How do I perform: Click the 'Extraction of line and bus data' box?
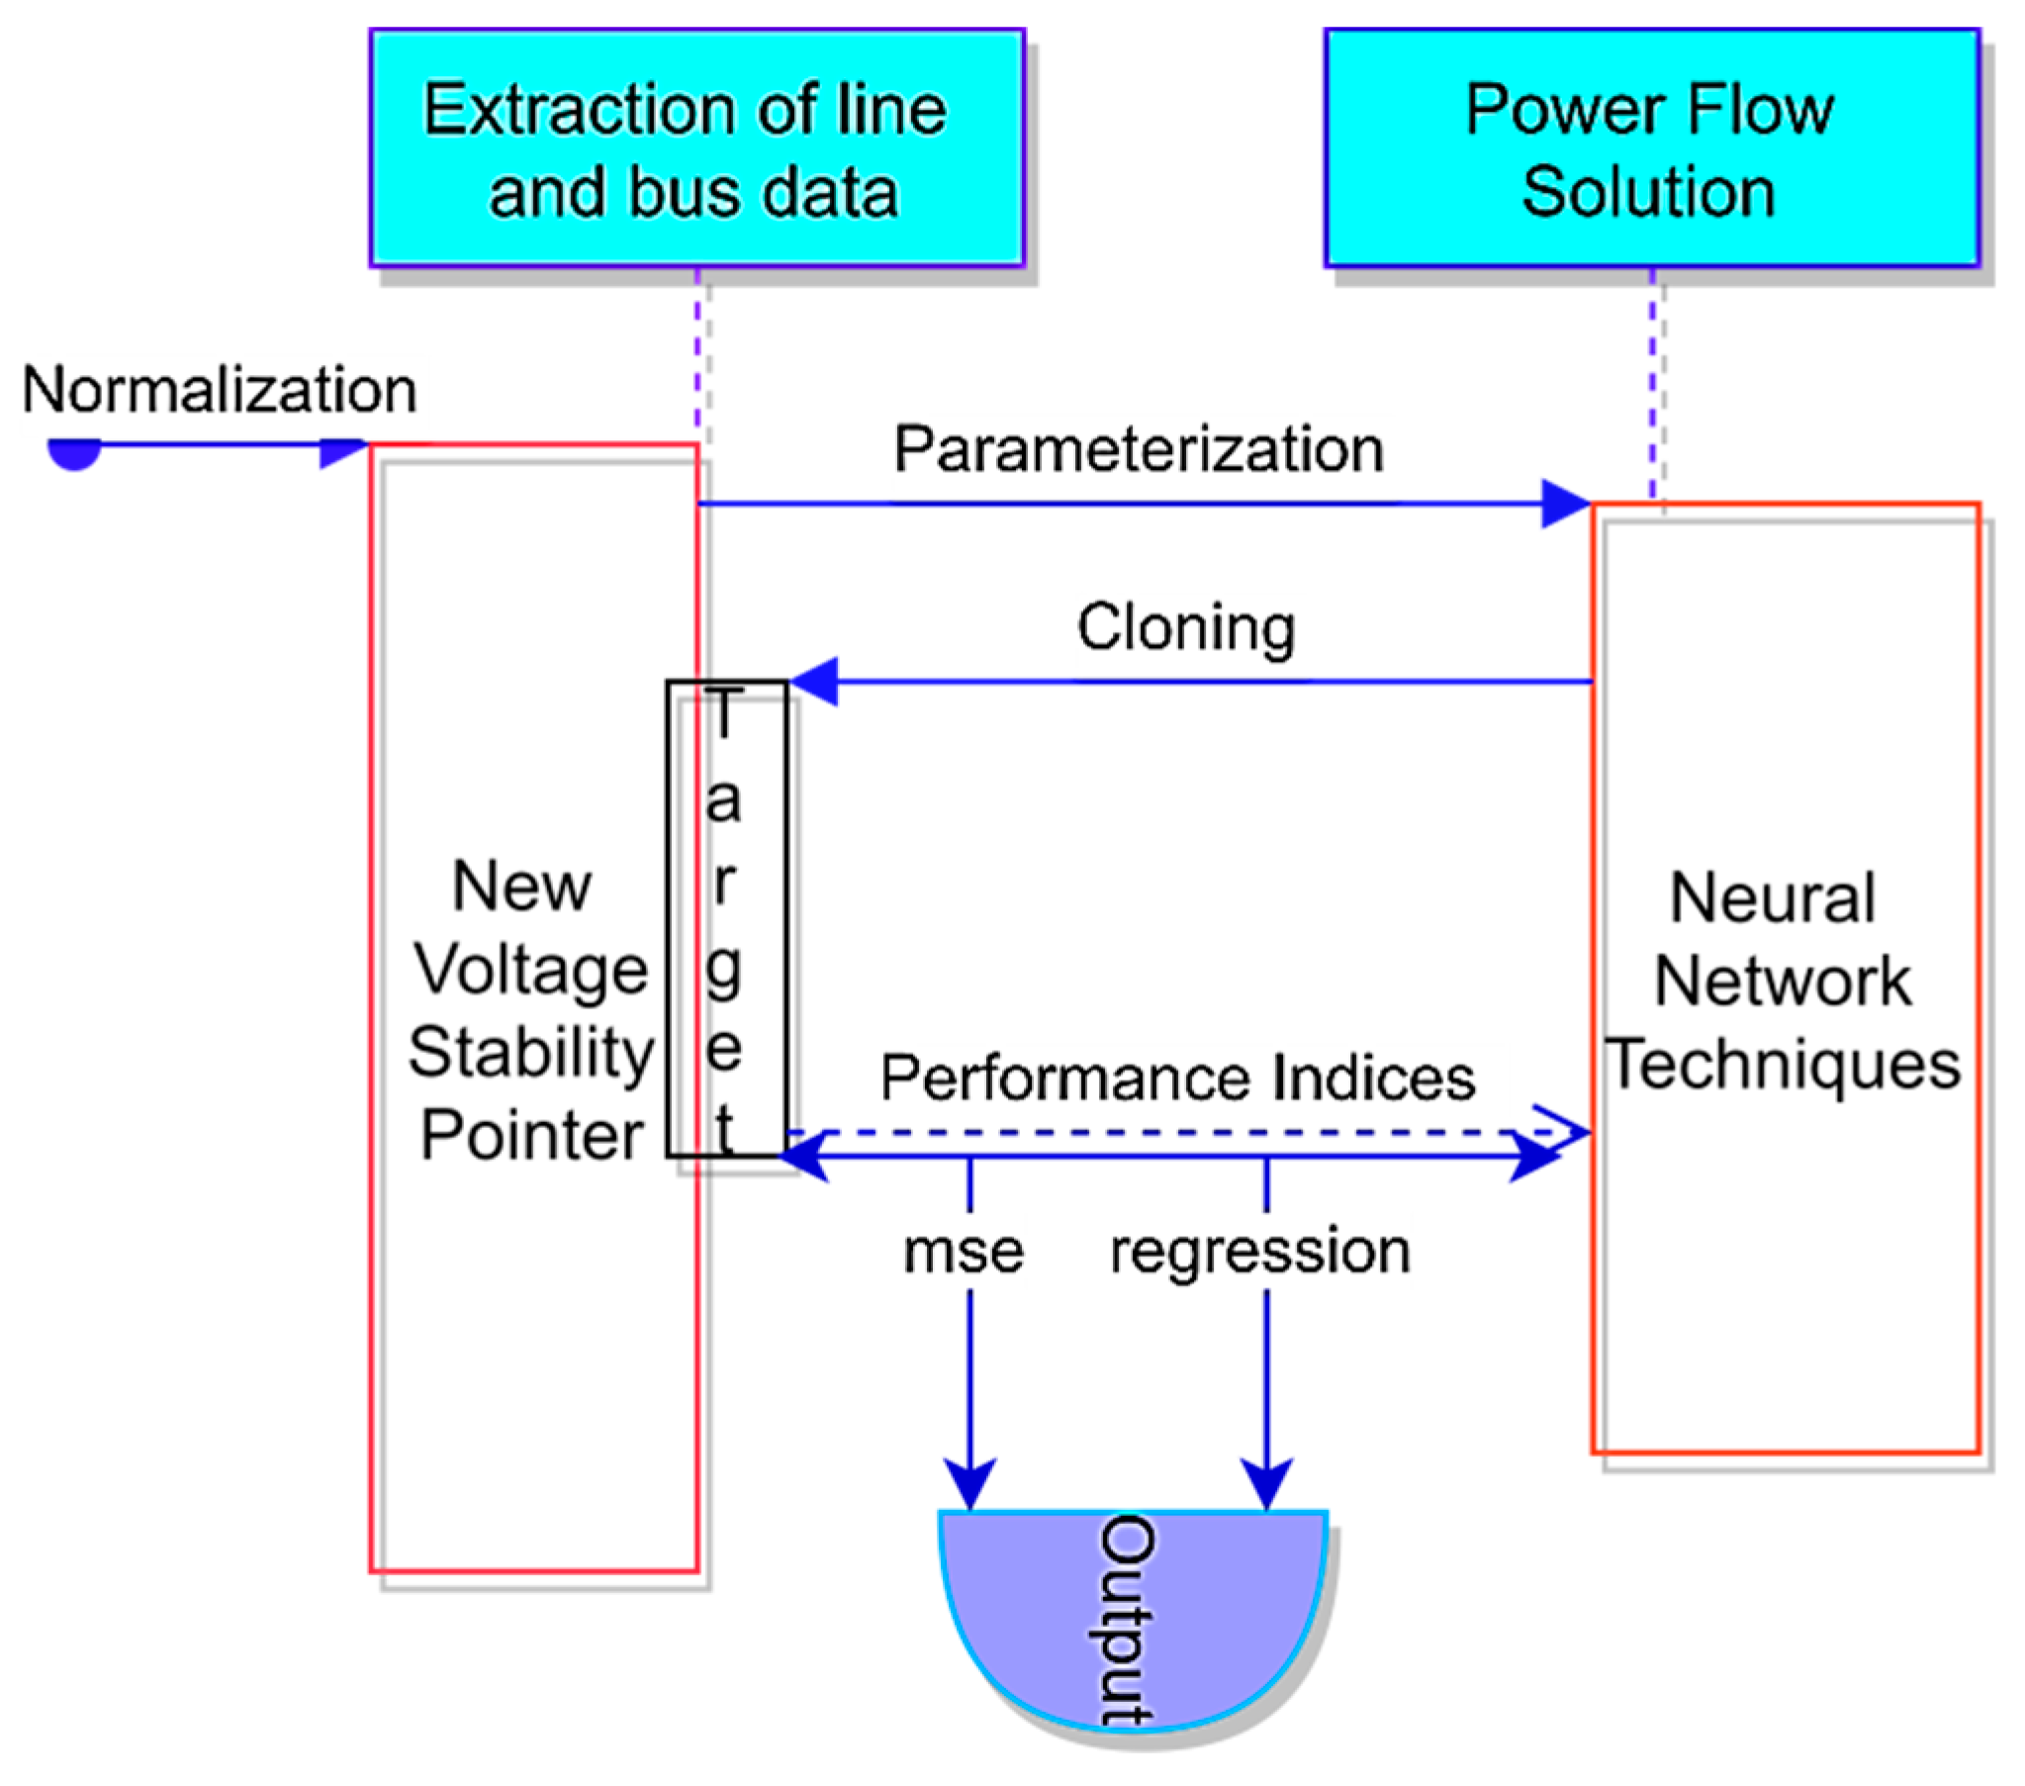pyautogui.click(x=696, y=147)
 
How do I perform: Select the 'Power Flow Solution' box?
pyautogui.click(x=1650, y=147)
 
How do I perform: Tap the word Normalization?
pyautogui.click(x=219, y=390)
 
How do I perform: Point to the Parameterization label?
pyautogui.click(x=1139, y=449)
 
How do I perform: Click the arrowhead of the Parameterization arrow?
pyautogui.click(x=1564, y=504)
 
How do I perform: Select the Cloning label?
pyautogui.click(x=1186, y=627)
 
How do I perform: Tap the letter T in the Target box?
pyautogui.click(x=724, y=712)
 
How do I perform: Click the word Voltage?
pyautogui.click(x=531, y=970)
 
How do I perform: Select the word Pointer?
pyautogui.click(x=532, y=1135)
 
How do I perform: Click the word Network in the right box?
pyautogui.click(x=1784, y=982)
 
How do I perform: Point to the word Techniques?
pyautogui.click(x=1784, y=1064)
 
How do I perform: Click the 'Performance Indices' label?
pyautogui.click(x=1178, y=1078)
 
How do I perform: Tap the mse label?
pyautogui.click(x=963, y=1251)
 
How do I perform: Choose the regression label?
pyautogui.click(x=1260, y=1251)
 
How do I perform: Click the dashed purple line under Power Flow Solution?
pyautogui.click(x=1651, y=387)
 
